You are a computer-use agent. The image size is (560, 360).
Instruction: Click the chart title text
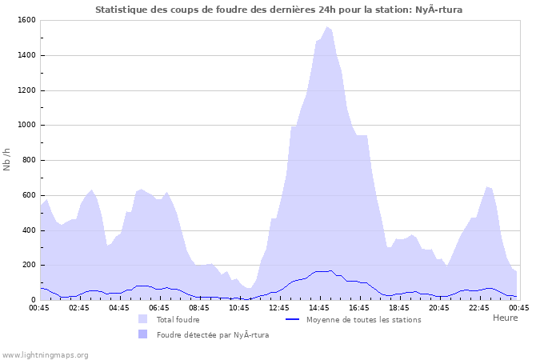click(278, 10)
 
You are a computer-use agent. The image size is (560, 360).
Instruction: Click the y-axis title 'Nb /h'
click(7, 159)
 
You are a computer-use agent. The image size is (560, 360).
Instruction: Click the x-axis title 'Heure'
click(505, 318)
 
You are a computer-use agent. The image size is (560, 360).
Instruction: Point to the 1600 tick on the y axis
click(26, 20)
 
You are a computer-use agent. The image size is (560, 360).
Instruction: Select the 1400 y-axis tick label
click(26, 55)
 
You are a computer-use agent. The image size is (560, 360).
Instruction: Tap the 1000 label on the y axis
click(26, 125)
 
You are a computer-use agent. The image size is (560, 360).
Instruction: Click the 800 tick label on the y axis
click(29, 160)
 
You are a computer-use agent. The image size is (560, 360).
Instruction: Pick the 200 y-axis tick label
click(29, 265)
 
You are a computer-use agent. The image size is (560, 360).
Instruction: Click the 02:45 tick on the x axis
click(79, 307)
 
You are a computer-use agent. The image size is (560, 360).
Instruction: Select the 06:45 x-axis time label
click(159, 307)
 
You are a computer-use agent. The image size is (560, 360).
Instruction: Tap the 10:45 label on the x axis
click(239, 307)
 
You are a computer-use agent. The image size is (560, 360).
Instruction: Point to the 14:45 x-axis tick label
click(319, 307)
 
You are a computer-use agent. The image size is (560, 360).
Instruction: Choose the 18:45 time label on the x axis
click(399, 307)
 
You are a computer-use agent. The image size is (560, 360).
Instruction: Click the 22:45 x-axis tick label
click(479, 307)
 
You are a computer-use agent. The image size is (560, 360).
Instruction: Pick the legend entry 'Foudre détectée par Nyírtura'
click(212, 334)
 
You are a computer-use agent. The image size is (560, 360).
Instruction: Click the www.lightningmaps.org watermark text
click(45, 354)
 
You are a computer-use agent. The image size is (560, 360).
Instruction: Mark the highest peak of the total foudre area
click(326, 26)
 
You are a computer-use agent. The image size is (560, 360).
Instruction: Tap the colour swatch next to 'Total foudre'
click(142, 319)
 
